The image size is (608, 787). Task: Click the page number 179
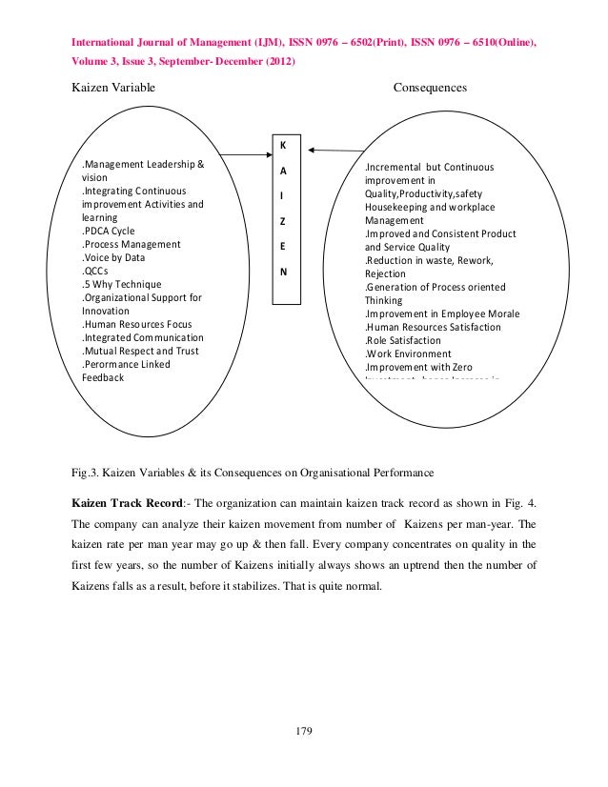(304, 731)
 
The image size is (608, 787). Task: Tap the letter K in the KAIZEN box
(282, 146)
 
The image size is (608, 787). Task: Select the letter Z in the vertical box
(282, 221)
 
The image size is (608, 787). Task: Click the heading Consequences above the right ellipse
(430, 88)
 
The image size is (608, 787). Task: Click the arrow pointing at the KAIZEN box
(335, 150)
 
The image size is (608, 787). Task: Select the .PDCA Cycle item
(109, 231)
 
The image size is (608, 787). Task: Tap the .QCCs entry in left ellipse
(95, 271)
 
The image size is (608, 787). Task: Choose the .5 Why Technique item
(121, 284)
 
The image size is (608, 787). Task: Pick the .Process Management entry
(131, 244)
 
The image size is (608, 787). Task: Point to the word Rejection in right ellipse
(386, 273)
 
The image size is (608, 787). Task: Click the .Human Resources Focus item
(137, 324)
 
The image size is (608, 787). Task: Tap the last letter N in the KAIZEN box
(282, 271)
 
